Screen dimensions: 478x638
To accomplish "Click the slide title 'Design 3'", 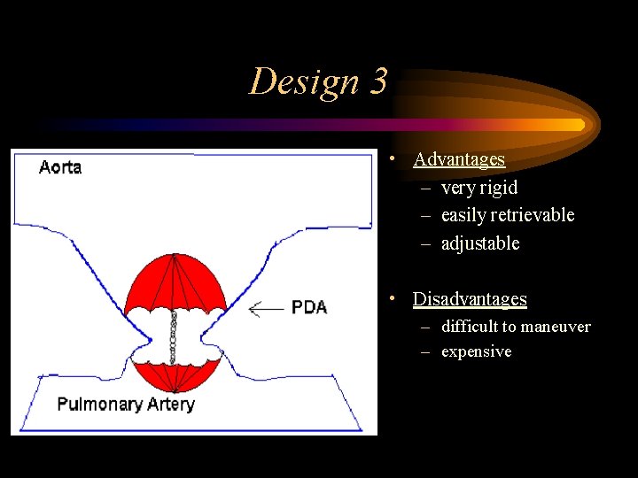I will [318, 82].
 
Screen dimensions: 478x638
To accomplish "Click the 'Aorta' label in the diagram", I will [60, 167].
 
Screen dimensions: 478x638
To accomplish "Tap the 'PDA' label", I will [309, 308].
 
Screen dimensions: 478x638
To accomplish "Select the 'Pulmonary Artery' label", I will [125, 405].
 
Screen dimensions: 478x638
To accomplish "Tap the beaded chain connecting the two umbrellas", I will [175, 341].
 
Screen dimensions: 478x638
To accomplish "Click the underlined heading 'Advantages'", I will [459, 160].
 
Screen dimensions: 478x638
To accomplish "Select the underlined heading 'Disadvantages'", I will [470, 299].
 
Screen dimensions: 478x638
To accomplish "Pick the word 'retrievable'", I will [536, 215].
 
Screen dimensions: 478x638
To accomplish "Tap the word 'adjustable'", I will [480, 243].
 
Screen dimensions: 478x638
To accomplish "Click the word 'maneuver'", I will [556, 327].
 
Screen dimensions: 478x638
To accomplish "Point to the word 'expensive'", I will [476, 351].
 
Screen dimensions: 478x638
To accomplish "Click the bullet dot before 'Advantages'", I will [391, 160].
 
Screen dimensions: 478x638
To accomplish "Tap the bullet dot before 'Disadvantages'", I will [391, 299].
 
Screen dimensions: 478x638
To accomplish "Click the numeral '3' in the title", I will [378, 82].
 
